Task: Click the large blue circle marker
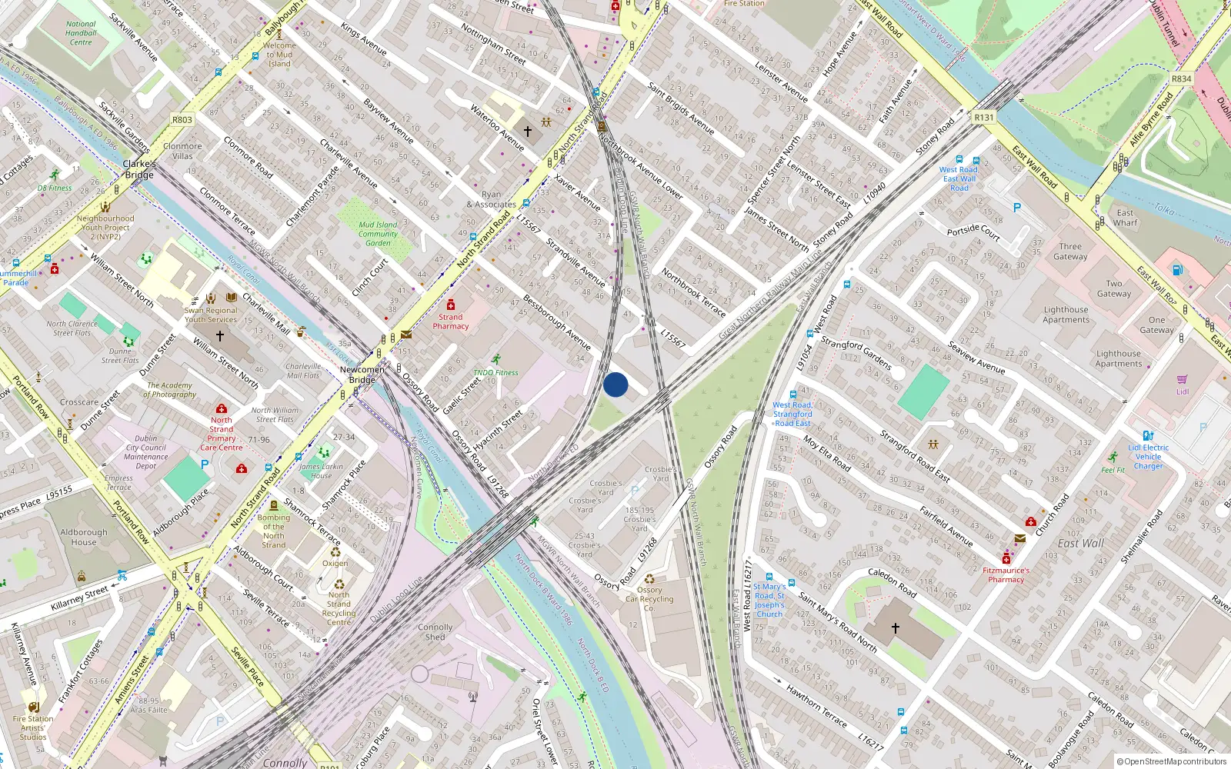[x=615, y=384]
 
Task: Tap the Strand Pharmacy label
[x=451, y=321]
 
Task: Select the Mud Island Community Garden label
[x=378, y=234]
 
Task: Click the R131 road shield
[x=983, y=118]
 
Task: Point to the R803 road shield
[x=182, y=120]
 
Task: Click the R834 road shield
[x=1181, y=79]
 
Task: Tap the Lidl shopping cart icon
[x=1182, y=380]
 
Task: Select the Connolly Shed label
[x=435, y=632]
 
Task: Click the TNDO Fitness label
[x=495, y=372]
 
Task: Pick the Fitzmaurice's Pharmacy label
[x=1006, y=575]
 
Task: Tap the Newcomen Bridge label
[x=362, y=375]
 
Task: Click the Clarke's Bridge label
[x=139, y=169]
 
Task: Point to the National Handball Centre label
[x=81, y=33]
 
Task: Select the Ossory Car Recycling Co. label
[x=649, y=599]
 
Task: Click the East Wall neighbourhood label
[x=1080, y=543]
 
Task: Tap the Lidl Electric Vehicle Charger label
[x=1148, y=457]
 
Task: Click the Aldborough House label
[x=84, y=537]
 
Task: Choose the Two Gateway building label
[x=1113, y=288]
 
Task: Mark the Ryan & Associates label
[x=491, y=200]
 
